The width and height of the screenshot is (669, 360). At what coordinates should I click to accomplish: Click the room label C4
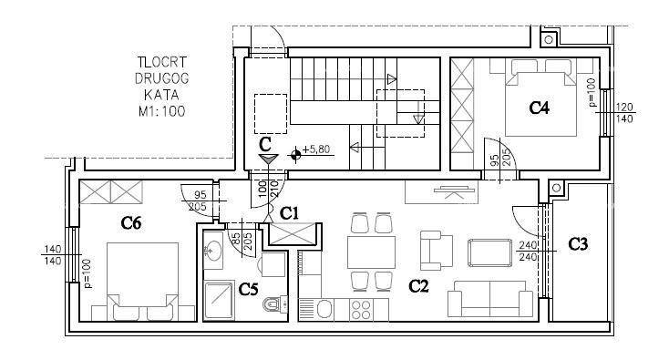point(539,108)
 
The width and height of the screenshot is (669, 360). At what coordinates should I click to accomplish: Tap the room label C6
point(131,222)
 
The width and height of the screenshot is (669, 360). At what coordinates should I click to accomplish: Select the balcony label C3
point(578,244)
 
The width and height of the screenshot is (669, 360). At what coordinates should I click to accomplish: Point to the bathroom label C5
point(248,290)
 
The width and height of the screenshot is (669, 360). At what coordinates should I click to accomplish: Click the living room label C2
point(418,286)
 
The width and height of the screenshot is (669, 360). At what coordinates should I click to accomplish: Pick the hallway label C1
point(289,213)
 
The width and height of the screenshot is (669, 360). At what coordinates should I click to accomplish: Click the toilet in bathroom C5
point(274,303)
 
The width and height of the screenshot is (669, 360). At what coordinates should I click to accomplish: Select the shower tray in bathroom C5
point(219,300)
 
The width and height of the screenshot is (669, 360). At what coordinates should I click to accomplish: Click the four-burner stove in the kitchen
point(361,310)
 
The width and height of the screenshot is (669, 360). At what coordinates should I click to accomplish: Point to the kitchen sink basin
point(324,309)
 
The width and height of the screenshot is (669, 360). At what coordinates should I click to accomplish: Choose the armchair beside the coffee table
point(436,251)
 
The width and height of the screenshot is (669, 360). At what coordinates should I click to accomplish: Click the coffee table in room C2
point(489,253)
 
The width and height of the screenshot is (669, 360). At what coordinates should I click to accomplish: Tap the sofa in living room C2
point(490,299)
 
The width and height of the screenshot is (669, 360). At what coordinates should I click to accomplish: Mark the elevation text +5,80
point(316,149)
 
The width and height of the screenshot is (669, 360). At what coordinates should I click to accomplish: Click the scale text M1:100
point(161,111)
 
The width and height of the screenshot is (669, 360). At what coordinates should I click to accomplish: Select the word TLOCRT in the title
point(162,62)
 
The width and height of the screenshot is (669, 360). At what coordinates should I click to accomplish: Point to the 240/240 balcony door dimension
point(528,251)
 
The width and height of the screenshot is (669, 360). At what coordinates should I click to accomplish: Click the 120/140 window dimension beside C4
point(624,113)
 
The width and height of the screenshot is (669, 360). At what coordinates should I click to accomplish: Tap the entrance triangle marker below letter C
point(268,159)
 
